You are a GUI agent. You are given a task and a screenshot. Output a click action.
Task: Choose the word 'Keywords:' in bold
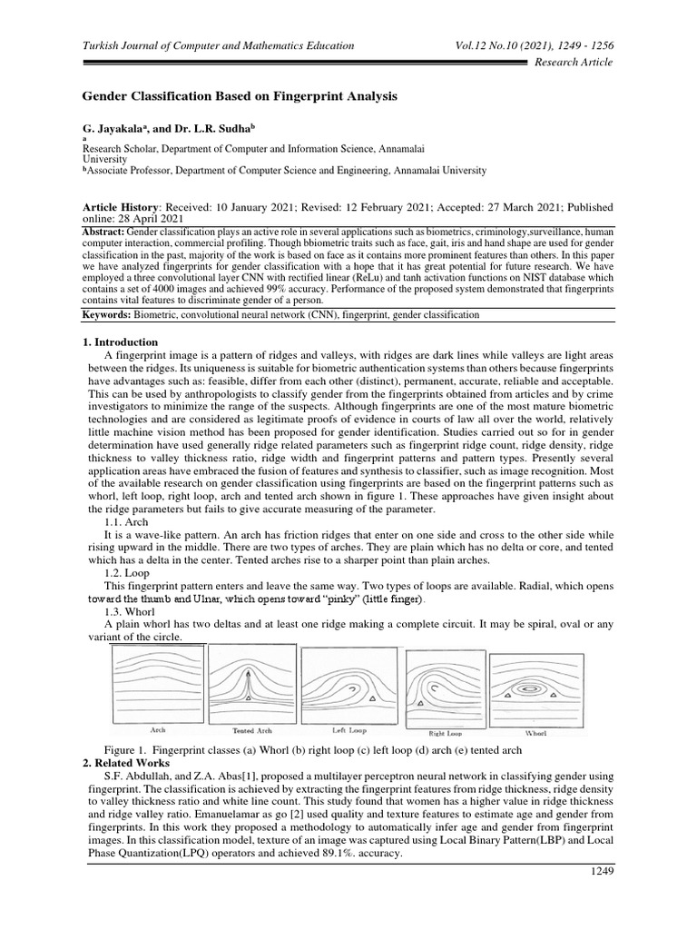(x=108, y=314)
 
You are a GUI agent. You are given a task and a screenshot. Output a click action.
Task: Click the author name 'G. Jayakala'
(x=117, y=131)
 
